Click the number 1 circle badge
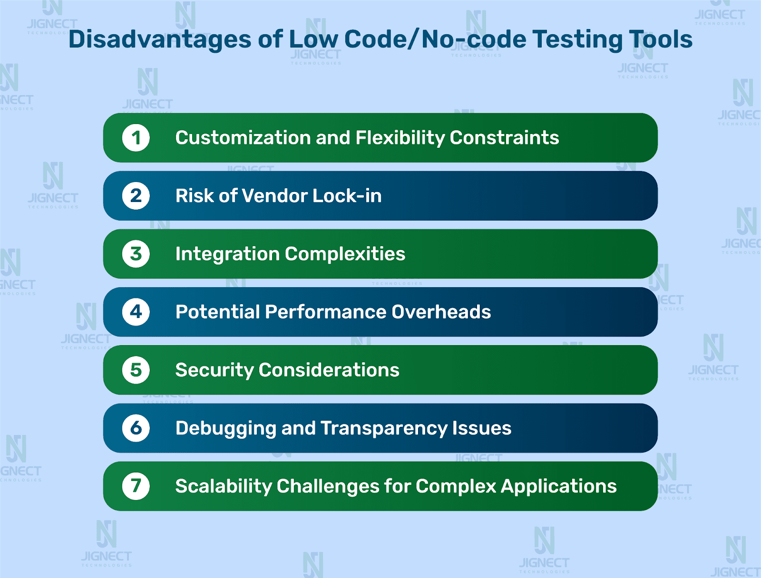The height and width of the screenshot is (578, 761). click(x=136, y=138)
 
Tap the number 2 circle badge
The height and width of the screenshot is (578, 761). click(x=136, y=196)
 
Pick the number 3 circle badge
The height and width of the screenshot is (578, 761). click(x=136, y=254)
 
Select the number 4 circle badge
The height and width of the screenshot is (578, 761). click(x=136, y=312)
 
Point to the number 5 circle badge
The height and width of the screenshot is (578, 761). click(x=136, y=370)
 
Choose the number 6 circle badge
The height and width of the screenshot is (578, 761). click(x=136, y=428)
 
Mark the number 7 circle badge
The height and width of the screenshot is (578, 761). click(x=136, y=486)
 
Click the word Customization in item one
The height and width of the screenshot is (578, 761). click(x=243, y=138)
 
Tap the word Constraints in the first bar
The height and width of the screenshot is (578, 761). click(x=505, y=138)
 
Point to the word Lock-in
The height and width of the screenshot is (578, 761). click(x=347, y=196)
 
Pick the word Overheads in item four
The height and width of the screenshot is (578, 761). click(x=441, y=312)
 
